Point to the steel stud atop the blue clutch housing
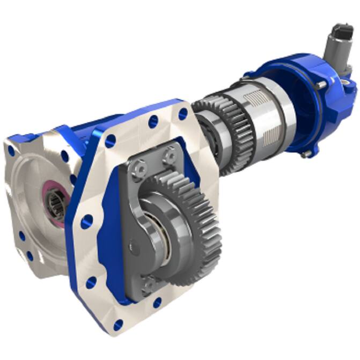point(320,85)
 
